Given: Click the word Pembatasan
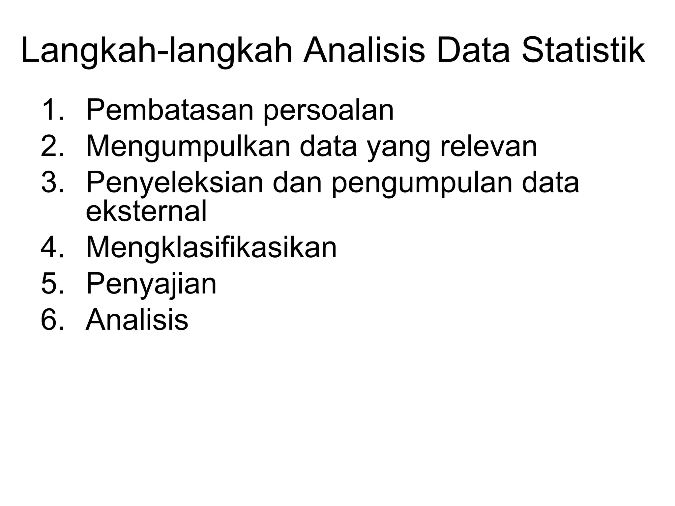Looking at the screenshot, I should click(170, 110).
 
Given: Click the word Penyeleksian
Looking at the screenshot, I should click(175, 183).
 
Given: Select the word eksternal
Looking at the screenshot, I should click(146, 211).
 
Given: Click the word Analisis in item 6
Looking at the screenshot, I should click(137, 319).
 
